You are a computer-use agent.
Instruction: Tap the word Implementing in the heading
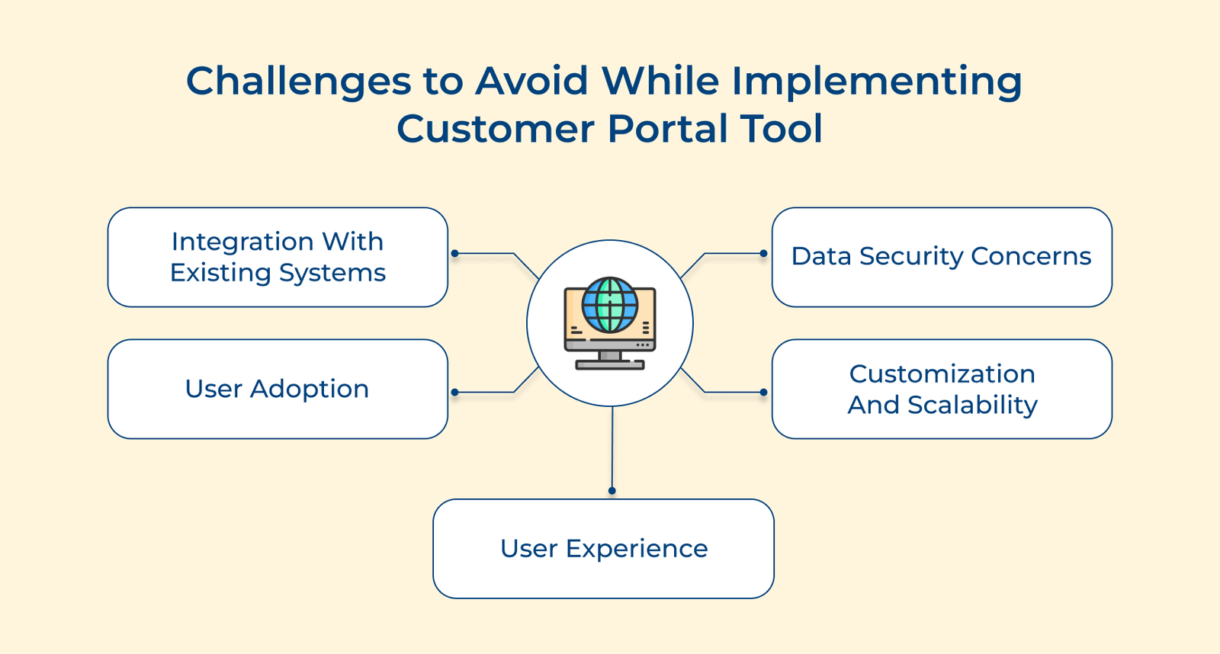[877, 82]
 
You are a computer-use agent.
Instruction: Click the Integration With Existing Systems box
[278, 258]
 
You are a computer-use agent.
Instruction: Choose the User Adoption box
[278, 389]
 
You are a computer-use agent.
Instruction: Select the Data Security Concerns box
[942, 258]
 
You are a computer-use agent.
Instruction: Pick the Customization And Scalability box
[942, 389]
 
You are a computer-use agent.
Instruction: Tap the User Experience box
[603, 549]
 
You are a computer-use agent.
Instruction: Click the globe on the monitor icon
[610, 305]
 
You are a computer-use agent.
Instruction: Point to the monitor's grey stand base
[610, 365]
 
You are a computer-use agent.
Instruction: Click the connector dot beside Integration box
[454, 253]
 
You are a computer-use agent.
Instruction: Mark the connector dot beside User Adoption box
[454, 393]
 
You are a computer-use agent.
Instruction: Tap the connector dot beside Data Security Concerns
[763, 253]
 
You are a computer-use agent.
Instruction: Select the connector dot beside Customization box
[763, 393]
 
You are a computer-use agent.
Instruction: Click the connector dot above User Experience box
[612, 491]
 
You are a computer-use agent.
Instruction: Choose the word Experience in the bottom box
[637, 549]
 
